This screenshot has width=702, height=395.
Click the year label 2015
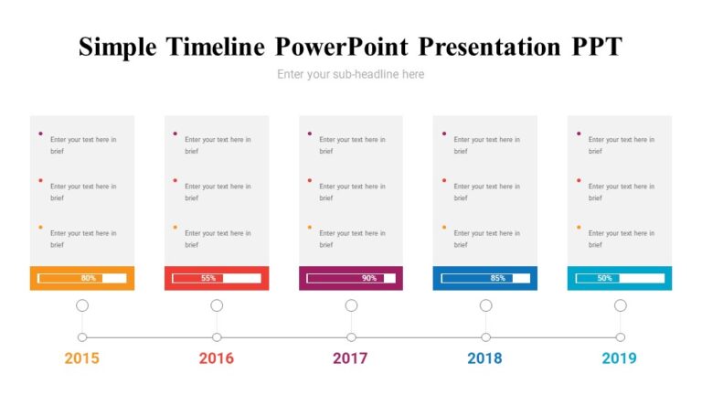(x=81, y=358)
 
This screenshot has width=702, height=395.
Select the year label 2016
(x=217, y=358)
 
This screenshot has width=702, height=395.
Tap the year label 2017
(x=350, y=358)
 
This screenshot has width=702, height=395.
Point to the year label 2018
(x=484, y=358)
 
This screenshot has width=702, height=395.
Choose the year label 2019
(x=619, y=358)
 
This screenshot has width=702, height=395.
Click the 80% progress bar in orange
(x=82, y=278)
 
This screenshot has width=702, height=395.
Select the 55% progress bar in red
(x=217, y=278)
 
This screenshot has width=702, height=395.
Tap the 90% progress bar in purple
(x=351, y=278)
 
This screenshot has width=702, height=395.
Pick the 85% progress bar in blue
(x=485, y=278)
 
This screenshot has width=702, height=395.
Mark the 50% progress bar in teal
(x=620, y=278)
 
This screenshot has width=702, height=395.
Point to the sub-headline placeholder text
(x=351, y=74)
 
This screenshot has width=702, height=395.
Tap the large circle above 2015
(x=82, y=305)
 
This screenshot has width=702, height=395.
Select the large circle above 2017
(x=351, y=305)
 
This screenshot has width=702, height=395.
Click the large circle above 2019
(x=620, y=305)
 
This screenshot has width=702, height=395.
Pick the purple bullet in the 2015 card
(x=40, y=134)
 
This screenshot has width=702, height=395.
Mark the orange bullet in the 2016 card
(x=175, y=227)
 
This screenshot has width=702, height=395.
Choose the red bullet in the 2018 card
(x=444, y=180)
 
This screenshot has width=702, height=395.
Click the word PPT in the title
(x=595, y=47)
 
